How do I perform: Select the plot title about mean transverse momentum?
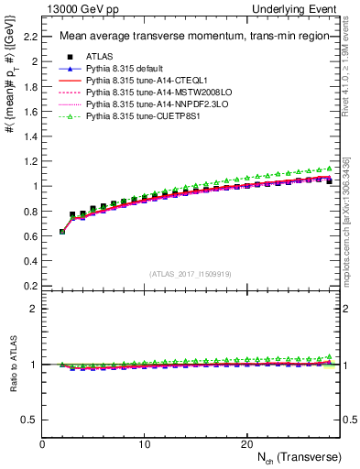pyautogui.click(x=183, y=37)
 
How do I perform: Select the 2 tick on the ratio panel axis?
pyautogui.click(x=35, y=309)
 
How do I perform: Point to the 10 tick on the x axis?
pyautogui.click(x=144, y=443)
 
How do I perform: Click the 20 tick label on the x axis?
pyautogui.click(x=245, y=443)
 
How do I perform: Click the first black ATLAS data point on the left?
pyautogui.click(x=62, y=232)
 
